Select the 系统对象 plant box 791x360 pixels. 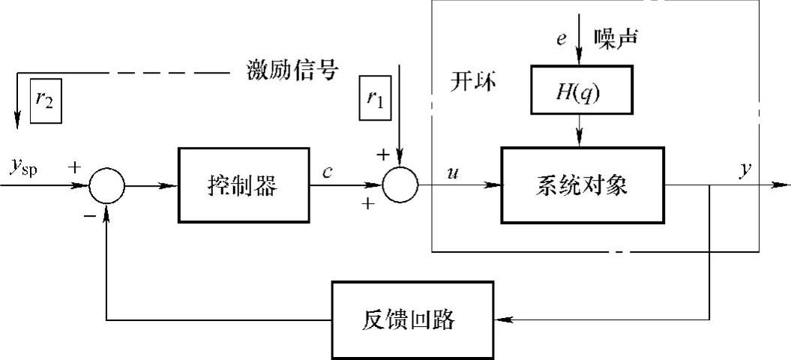581,185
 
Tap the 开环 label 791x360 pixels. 473,80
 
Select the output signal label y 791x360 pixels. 744,169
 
